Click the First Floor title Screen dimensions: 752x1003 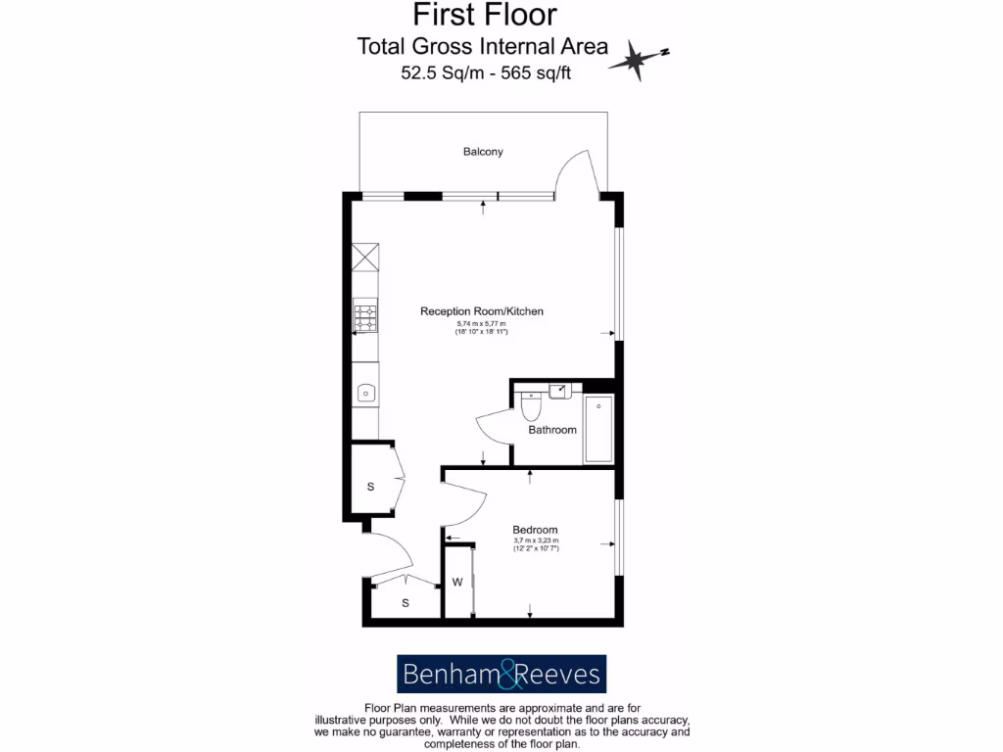tap(484, 15)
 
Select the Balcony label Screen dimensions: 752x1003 tap(483, 152)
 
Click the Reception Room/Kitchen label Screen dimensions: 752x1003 tap(481, 311)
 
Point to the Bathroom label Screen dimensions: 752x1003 tap(552, 430)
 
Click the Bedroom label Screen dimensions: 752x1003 tap(535, 530)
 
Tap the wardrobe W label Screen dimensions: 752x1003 tap(456, 583)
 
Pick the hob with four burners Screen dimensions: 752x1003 tap(365, 315)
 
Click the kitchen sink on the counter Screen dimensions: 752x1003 tap(365, 394)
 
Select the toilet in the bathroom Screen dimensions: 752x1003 tap(531, 404)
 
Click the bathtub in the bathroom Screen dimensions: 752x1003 tap(597, 429)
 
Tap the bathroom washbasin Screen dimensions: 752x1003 tap(560, 390)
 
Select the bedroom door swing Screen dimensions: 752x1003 tap(464, 507)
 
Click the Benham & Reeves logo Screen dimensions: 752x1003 tap(501, 675)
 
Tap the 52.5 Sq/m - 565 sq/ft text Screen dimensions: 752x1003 tap(486, 72)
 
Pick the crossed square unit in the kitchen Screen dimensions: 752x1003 tap(365, 257)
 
